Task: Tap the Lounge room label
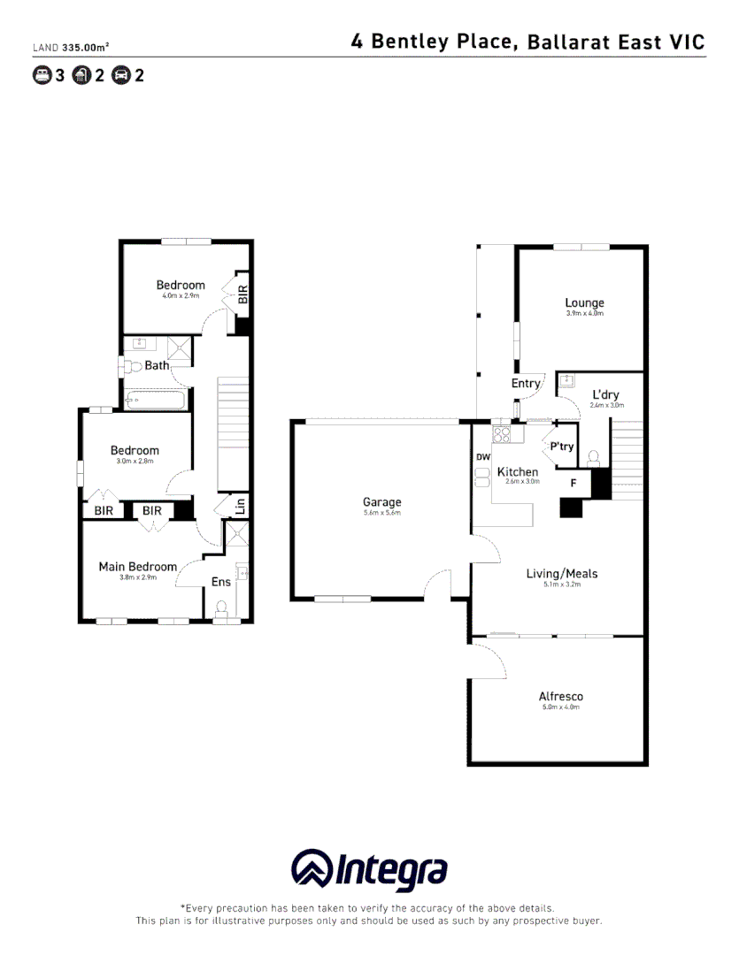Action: pyautogui.click(x=584, y=302)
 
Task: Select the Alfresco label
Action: pyautogui.click(x=561, y=696)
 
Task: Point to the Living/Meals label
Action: pyautogui.click(x=561, y=573)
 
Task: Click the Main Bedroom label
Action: pyautogui.click(x=137, y=566)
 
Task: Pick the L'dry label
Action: pyautogui.click(x=606, y=394)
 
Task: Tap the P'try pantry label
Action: pyautogui.click(x=562, y=447)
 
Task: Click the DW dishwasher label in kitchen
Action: pyautogui.click(x=482, y=457)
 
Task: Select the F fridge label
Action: pyautogui.click(x=573, y=483)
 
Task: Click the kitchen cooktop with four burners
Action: pyautogui.click(x=503, y=434)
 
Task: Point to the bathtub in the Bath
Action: pyautogui.click(x=157, y=401)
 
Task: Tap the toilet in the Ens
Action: pyautogui.click(x=222, y=608)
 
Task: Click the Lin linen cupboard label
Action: pyautogui.click(x=239, y=506)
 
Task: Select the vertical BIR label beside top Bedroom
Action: pyautogui.click(x=242, y=294)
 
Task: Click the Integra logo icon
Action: pyautogui.click(x=312, y=871)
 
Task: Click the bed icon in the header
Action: pyautogui.click(x=42, y=75)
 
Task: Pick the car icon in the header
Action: pyautogui.click(x=120, y=75)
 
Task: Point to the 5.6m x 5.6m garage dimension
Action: pyautogui.click(x=381, y=513)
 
